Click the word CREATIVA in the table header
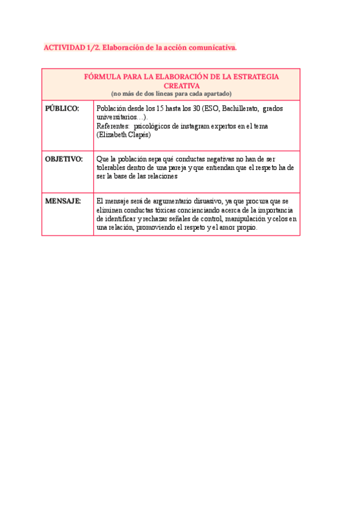171,85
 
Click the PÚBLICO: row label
62,108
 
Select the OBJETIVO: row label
64,158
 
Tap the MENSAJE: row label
63,200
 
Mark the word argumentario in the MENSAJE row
157,200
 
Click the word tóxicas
154,209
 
